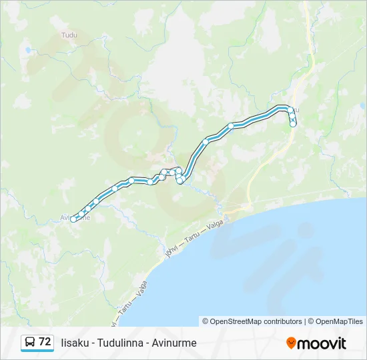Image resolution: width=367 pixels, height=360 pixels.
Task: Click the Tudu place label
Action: [x=69, y=35]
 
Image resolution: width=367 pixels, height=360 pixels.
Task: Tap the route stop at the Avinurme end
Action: [x=73, y=219]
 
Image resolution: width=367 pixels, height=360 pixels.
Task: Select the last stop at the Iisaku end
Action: [x=293, y=123]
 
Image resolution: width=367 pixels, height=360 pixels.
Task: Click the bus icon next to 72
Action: [x=30, y=342]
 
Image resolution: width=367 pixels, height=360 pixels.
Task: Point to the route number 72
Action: [x=45, y=342]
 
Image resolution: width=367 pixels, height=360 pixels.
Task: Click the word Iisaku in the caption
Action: [x=76, y=343]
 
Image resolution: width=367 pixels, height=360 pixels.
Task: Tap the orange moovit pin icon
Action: [x=291, y=343]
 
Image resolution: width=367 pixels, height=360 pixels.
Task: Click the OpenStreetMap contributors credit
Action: [x=256, y=321]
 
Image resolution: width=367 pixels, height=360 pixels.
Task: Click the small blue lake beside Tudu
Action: [x=28, y=50]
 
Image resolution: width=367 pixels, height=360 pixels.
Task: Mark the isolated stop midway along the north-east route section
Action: [x=231, y=125]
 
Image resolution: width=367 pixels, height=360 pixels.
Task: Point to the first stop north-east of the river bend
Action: [x=206, y=141]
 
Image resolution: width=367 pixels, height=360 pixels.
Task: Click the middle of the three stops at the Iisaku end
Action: [x=292, y=117]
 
